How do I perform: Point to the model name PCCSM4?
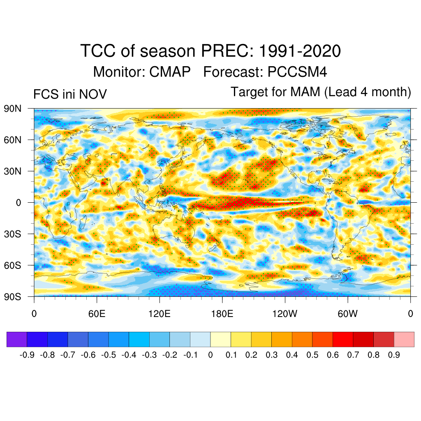click(x=297, y=72)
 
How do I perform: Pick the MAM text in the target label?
click(x=305, y=92)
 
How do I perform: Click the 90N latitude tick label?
click(x=13, y=109)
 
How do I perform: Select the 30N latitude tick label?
click(x=13, y=171)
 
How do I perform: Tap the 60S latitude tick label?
click(x=13, y=265)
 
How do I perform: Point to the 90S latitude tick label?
click(x=13, y=296)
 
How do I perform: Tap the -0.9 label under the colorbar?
click(x=27, y=355)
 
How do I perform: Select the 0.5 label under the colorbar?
click(x=312, y=355)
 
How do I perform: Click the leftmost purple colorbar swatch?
click(x=17, y=339)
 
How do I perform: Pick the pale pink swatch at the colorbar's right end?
click(x=404, y=339)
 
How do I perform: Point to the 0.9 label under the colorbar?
click(x=394, y=355)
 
